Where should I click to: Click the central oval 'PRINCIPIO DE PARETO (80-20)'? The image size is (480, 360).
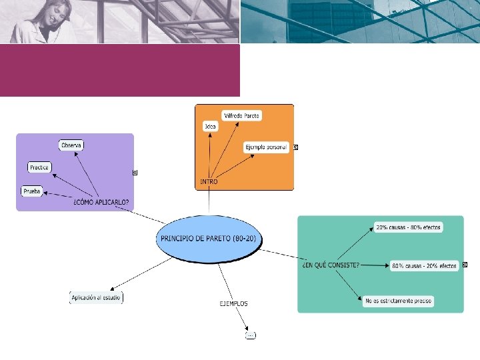click(209, 238)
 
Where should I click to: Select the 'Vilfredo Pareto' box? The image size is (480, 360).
click(242, 115)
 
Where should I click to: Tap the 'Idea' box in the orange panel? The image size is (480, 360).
click(211, 126)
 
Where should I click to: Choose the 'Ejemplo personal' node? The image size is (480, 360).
click(266, 147)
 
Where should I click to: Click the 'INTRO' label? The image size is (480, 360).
click(209, 181)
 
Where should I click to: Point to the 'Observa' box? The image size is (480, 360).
click(72, 145)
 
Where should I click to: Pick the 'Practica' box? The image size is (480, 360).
click(39, 167)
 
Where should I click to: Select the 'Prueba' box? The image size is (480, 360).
click(32, 191)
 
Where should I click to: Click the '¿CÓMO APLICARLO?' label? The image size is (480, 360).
click(101, 202)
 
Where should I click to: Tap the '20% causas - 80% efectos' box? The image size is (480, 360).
click(408, 227)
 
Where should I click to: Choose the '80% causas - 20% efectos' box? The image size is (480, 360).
click(425, 265)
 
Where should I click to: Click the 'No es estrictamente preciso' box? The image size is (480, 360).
click(399, 301)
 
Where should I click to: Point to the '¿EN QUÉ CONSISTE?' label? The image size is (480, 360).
click(331, 265)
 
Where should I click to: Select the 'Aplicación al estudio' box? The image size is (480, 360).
click(97, 297)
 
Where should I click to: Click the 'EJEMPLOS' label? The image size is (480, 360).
click(233, 303)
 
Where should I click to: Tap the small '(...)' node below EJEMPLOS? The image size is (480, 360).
click(250, 335)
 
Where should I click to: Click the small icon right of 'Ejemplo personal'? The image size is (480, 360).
click(295, 147)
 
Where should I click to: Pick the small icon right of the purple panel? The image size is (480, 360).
click(135, 173)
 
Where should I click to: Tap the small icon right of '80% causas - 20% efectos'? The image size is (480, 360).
click(465, 265)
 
